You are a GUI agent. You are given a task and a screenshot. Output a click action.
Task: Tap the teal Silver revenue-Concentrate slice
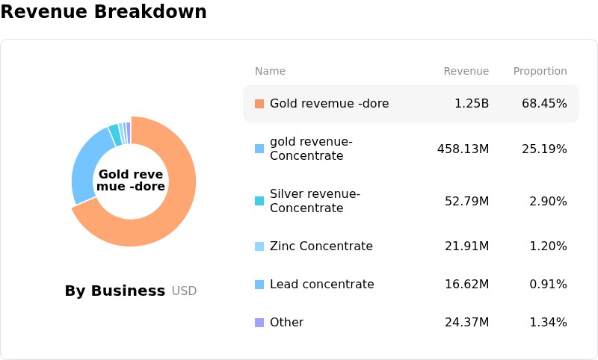[115, 134]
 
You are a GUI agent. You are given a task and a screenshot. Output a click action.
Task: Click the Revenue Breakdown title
[103, 11]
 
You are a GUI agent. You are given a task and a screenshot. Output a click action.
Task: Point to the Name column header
[270, 71]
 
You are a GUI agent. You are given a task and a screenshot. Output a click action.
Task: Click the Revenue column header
[466, 71]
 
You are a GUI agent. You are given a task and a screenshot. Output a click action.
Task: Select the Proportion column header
[540, 71]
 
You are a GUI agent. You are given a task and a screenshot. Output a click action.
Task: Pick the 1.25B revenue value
[472, 104]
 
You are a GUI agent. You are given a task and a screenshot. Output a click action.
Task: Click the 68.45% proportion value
[544, 104]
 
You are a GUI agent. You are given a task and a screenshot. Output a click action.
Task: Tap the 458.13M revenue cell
[463, 149]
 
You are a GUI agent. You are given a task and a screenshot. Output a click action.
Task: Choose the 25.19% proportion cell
[544, 149]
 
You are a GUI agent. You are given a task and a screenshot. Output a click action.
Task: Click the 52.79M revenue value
[466, 201]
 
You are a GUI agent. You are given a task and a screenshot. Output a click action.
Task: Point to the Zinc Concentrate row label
[321, 246]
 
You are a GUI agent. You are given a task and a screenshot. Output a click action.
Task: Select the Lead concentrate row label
[322, 284]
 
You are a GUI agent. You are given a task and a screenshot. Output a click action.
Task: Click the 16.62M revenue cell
[466, 284]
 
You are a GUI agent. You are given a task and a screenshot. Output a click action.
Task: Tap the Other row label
[286, 323]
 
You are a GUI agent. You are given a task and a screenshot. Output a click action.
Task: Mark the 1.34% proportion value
[548, 323]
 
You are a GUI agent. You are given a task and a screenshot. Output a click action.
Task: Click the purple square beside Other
[259, 323]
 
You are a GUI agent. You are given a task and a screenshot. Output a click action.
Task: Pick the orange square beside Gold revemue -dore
[259, 104]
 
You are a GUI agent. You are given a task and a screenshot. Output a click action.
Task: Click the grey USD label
[184, 291]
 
